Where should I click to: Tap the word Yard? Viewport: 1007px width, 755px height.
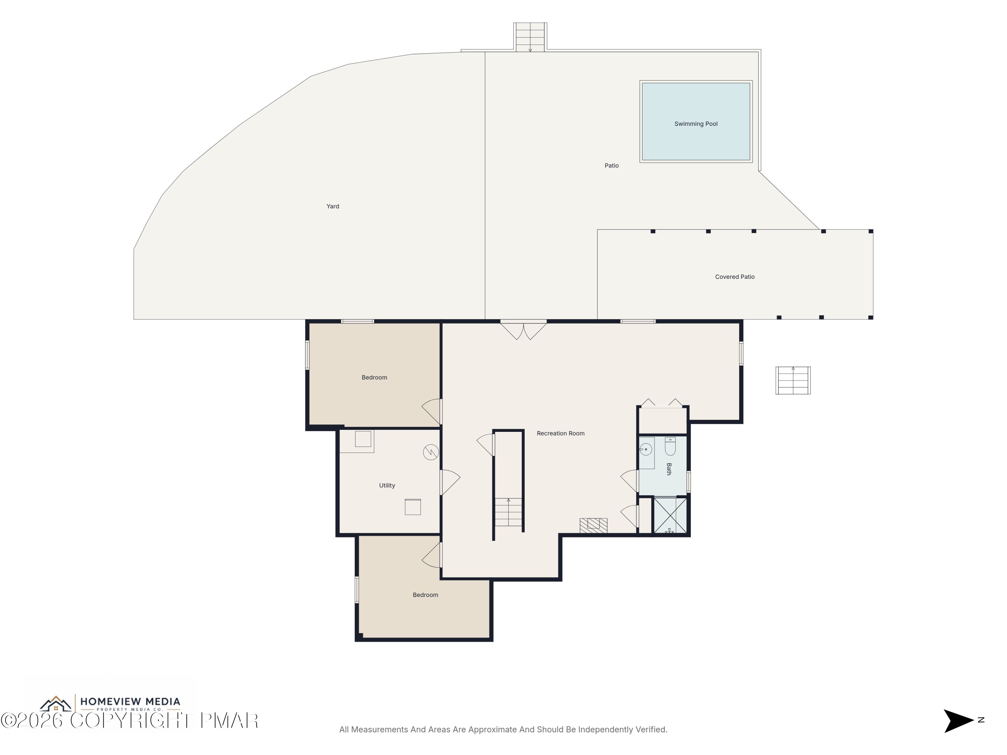click(x=333, y=206)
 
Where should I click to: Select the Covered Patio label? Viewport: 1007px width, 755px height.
click(x=735, y=277)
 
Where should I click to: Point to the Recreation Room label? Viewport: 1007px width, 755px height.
click(x=561, y=433)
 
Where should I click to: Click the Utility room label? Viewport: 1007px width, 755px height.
click(x=387, y=486)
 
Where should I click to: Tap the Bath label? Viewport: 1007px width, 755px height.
click(x=669, y=469)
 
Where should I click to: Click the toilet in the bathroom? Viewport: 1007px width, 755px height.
click(x=670, y=446)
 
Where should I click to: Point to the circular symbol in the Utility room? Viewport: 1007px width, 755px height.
click(x=431, y=452)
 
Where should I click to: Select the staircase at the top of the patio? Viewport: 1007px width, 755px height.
click(x=530, y=37)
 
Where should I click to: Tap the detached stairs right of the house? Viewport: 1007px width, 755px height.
click(x=793, y=381)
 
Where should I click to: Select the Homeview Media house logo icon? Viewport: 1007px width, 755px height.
click(x=55, y=704)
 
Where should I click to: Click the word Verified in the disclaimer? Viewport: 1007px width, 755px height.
click(x=651, y=729)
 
